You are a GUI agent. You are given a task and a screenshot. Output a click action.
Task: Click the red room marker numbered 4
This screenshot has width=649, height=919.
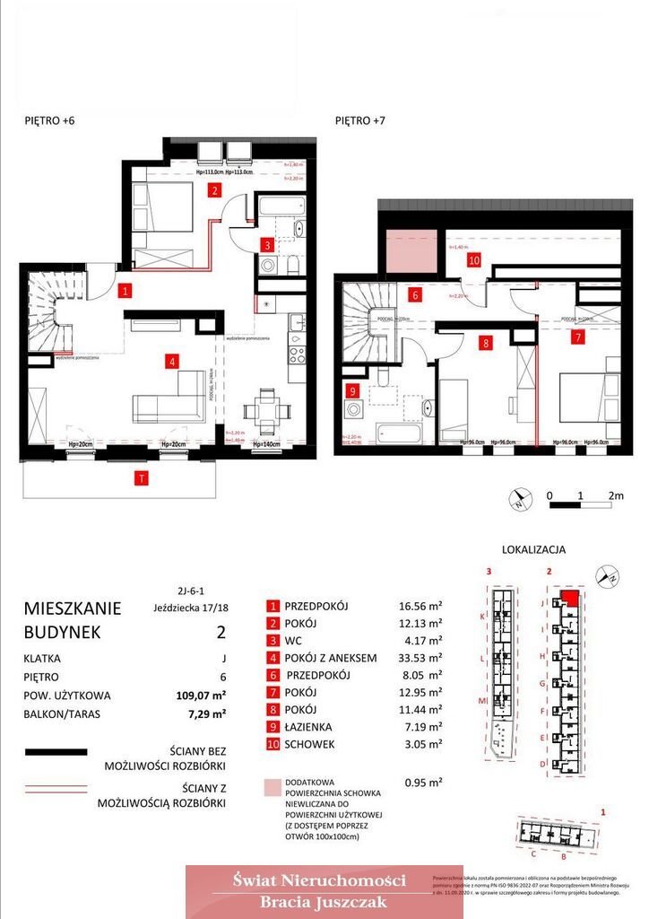pyautogui.click(x=169, y=362)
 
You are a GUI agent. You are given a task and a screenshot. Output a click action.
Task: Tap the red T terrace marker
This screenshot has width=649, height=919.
pyautogui.click(x=141, y=478)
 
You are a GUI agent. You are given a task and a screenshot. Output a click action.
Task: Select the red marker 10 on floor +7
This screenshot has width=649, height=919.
pyautogui.click(x=474, y=261)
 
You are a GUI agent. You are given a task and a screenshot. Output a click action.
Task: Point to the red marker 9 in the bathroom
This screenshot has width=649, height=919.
pyautogui.click(x=353, y=390)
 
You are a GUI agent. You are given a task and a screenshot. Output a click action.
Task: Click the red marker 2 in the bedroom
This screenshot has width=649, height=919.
pyautogui.click(x=214, y=189)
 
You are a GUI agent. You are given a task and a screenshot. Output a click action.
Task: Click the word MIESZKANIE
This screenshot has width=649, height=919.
pyautogui.click(x=73, y=608)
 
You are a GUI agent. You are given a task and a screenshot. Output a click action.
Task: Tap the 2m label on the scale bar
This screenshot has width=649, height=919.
pyautogui.click(x=615, y=495)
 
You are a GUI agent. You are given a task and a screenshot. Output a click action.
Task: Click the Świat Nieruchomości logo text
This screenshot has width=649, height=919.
pyautogui.click(x=318, y=880)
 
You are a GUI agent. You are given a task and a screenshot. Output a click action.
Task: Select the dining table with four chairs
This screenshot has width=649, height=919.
pyautogui.click(x=266, y=407)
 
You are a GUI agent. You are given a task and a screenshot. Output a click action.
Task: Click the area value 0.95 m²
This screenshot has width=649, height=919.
pyautogui.click(x=423, y=782)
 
